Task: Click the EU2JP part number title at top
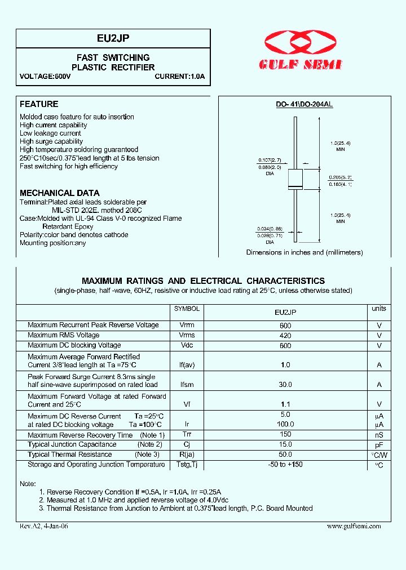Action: pos(113,38)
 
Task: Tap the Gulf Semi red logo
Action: pos(300,50)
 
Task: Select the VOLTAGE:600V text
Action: pos(45,76)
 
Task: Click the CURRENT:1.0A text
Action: pos(179,76)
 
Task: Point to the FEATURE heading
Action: pos(39,104)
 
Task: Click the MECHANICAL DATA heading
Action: pos(60,193)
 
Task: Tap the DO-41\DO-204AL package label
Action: pos(304,105)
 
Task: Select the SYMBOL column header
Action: pos(187,309)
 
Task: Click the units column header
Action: pos(379,309)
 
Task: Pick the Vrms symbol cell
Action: pos(187,335)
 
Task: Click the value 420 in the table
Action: pos(285,336)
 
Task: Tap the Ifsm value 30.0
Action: pos(285,385)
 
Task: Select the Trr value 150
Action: pos(285,434)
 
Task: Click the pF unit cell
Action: pos(379,445)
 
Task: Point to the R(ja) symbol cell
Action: pos(187,455)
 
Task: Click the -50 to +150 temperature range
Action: pos(285,465)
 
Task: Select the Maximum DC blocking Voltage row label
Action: pos(74,345)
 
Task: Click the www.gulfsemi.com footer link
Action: pos(354,526)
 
